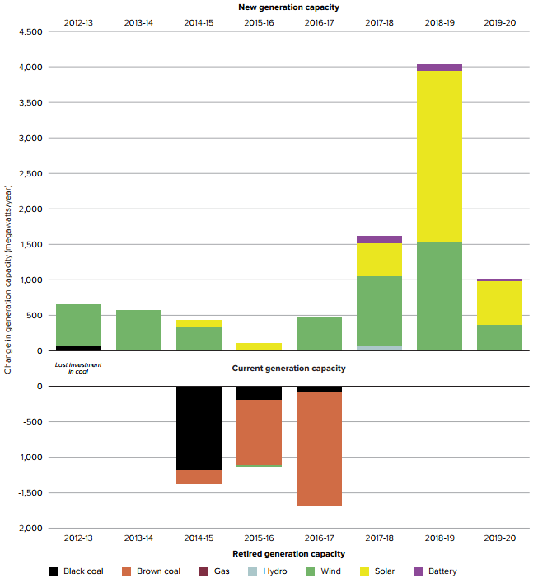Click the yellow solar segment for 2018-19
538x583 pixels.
tap(439, 157)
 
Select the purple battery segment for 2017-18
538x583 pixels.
tap(379, 239)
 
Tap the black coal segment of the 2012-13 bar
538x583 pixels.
tap(78, 348)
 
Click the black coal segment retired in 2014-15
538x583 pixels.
tap(199, 428)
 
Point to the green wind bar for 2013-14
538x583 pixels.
tap(138, 330)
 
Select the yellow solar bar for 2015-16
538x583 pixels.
tap(259, 346)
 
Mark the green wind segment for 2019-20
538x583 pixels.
tap(499, 337)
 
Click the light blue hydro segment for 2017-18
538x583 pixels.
tap(379, 348)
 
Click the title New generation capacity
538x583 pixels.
tap(288, 7)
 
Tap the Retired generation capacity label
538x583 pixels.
tap(288, 554)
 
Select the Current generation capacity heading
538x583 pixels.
tap(288, 368)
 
